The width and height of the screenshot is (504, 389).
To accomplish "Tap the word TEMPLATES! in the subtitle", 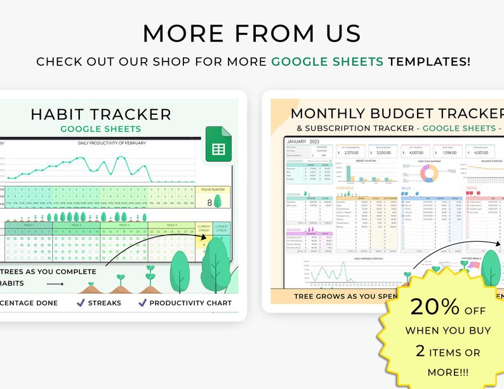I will coord(430,62).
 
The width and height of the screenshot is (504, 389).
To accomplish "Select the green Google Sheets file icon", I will coord(218,144).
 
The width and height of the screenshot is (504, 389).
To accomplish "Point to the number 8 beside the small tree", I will coord(209,203).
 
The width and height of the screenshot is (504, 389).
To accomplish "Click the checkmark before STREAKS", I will coord(81,303).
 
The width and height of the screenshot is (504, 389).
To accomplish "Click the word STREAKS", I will coord(105,303).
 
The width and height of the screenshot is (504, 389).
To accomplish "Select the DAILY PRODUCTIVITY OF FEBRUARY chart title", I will coord(112,143).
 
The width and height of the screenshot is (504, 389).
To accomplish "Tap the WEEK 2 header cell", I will coord(77,225).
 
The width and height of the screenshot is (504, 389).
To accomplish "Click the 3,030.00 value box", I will coord(383,152).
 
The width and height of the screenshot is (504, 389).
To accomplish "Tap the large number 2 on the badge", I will coord(420,351).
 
